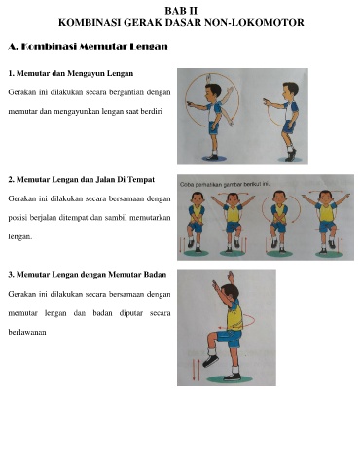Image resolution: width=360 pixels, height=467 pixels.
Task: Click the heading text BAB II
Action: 181,11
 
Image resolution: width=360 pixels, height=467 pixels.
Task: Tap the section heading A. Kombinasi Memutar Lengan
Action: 88,47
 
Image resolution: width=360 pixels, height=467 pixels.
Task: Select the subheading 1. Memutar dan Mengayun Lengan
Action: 71,73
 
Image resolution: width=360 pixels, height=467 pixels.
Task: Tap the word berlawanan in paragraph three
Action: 27,332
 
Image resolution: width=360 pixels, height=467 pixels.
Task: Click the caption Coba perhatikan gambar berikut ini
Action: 225,184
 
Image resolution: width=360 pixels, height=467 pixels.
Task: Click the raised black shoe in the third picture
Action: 210,360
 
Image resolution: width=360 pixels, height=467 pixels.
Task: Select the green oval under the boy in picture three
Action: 230,379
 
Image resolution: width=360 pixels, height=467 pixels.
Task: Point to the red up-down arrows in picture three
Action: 197,369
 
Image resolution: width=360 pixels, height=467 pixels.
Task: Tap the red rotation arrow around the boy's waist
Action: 237,321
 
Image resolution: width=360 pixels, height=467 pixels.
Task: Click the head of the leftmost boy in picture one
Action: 213,91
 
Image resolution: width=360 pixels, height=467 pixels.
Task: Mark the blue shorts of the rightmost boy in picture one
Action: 289,126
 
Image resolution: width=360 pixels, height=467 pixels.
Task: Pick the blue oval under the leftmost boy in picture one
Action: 214,158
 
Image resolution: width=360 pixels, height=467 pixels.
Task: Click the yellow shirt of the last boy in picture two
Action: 326,212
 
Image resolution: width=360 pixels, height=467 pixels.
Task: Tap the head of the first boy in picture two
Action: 197,198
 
